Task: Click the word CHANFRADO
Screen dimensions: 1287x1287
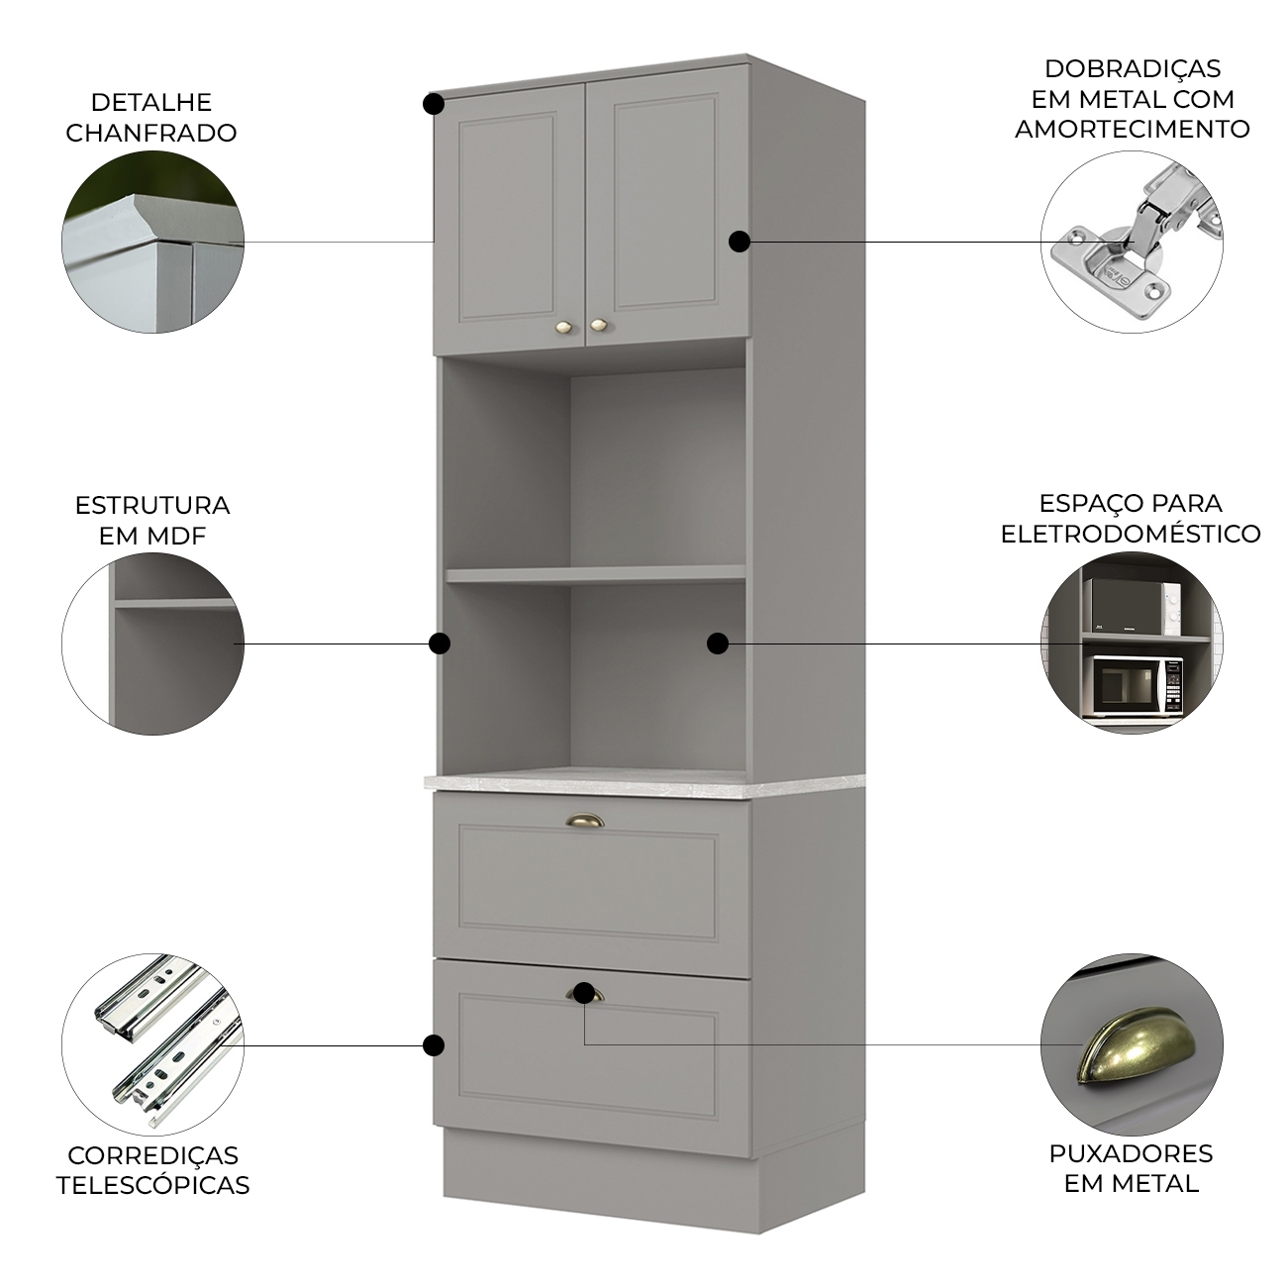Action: tap(150, 133)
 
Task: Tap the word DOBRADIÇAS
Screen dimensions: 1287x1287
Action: tap(1132, 69)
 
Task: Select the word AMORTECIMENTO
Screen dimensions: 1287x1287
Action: tap(1132, 129)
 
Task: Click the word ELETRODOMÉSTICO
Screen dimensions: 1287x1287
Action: tap(1131, 534)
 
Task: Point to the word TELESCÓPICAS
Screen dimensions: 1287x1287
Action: tap(152, 1185)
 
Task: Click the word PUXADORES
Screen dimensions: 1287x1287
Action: tap(1131, 1153)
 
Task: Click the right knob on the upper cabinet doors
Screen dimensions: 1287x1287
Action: tap(597, 325)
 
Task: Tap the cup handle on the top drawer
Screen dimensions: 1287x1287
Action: tap(584, 820)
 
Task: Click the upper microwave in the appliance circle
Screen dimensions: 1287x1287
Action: tap(1132, 607)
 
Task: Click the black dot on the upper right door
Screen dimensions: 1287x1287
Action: tap(739, 242)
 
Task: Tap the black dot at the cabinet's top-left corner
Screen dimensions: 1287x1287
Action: tap(434, 104)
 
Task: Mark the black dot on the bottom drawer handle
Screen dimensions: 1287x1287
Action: tap(584, 992)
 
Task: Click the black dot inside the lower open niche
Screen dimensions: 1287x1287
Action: tap(718, 643)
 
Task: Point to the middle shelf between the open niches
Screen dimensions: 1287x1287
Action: tap(596, 574)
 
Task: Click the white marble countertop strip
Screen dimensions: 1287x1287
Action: tap(644, 783)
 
